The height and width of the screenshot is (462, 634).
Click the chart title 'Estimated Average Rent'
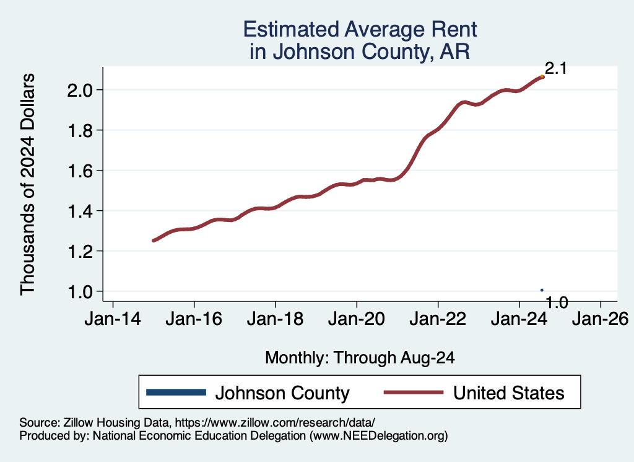pyautogui.click(x=360, y=29)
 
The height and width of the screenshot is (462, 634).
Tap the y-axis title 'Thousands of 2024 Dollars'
pyautogui.click(x=29, y=184)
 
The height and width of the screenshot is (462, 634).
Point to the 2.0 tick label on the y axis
pyautogui.click(x=81, y=91)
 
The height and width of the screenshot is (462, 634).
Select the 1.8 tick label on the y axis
pyautogui.click(x=81, y=131)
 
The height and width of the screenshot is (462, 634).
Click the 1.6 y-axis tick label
pyautogui.click(x=81, y=171)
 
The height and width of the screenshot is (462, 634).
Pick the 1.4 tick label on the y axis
pyautogui.click(x=81, y=211)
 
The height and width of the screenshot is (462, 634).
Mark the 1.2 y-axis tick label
pyautogui.click(x=81, y=252)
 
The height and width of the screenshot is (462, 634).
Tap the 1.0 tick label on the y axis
pyautogui.click(x=81, y=292)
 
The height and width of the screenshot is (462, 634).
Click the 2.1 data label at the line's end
pyautogui.click(x=555, y=69)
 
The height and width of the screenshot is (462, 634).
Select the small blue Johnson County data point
pyautogui.click(x=542, y=290)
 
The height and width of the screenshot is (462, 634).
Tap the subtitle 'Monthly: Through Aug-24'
pyautogui.click(x=360, y=357)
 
